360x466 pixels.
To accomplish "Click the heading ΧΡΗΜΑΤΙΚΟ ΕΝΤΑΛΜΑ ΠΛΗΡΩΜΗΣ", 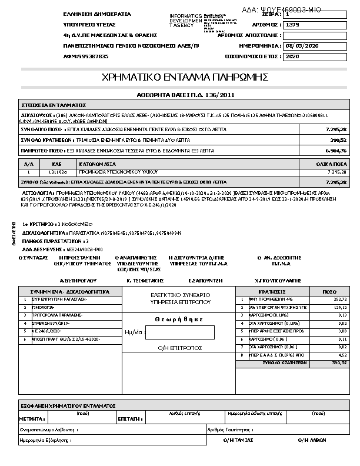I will click(185, 77).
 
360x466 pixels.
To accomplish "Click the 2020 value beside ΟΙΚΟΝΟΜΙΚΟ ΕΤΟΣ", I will click(292, 56).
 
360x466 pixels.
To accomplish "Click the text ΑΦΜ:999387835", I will click(86, 56).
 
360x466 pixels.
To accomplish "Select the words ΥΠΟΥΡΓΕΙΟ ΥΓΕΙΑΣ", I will click(89, 25).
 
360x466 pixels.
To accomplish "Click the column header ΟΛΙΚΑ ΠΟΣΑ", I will click(334, 164).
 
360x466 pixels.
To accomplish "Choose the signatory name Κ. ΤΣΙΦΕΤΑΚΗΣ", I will click(145, 281).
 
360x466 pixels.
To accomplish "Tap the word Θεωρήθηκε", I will click(179, 319).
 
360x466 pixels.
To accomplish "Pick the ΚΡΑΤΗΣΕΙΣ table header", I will click(272, 291).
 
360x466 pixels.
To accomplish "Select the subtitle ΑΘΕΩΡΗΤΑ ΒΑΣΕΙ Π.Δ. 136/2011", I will click(185, 94).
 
